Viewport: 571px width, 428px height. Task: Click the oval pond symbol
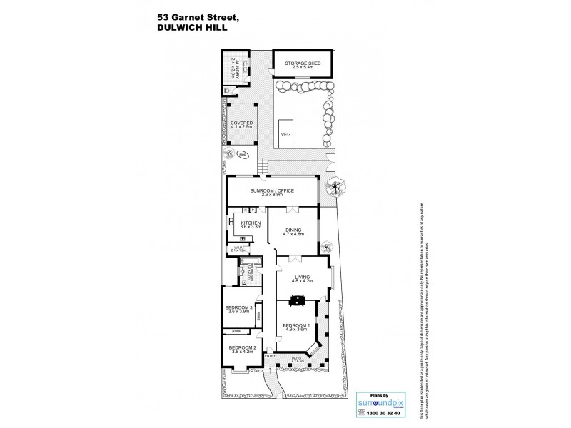pos(243,154)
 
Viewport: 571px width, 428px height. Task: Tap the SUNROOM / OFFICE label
pos(272,192)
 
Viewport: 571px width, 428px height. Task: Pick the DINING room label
pos(294,230)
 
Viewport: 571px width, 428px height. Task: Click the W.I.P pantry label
pos(238,250)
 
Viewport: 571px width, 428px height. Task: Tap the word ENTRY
pos(269,356)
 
